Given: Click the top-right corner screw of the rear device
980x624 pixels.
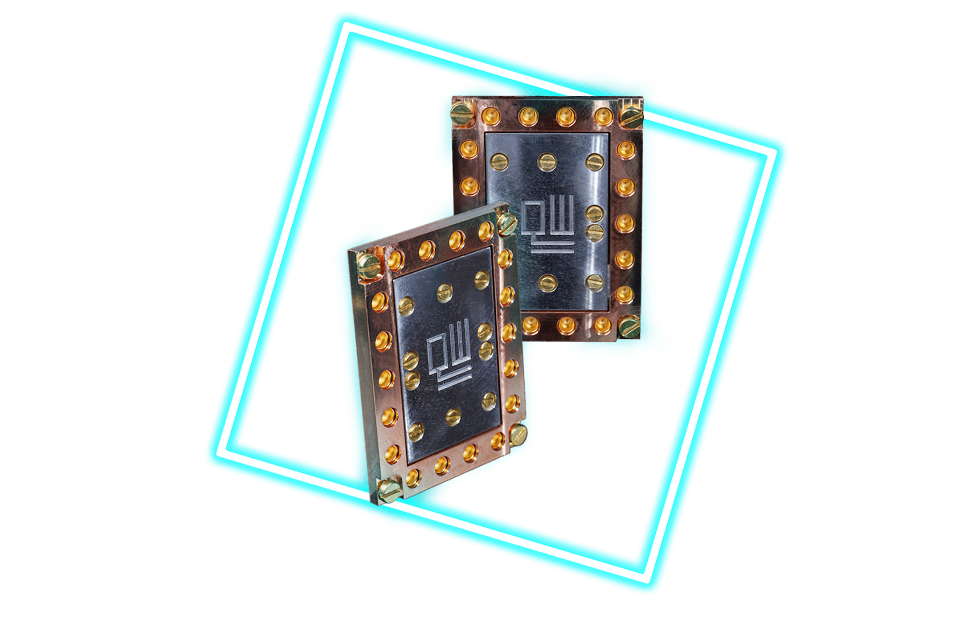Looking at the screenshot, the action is [x=632, y=116].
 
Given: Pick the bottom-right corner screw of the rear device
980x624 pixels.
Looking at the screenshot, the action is [x=629, y=326].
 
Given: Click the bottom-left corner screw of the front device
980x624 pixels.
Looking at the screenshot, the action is [x=388, y=491].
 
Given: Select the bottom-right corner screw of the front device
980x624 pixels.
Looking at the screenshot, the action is [x=518, y=434].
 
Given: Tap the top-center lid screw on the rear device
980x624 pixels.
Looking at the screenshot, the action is [x=547, y=162].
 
